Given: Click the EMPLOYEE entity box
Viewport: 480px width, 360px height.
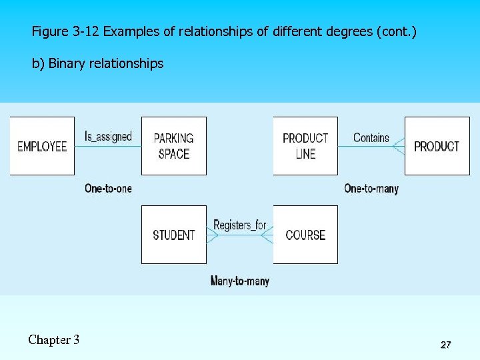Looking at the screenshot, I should (x=42, y=146).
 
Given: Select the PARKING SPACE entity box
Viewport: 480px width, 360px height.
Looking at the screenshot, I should (x=174, y=146).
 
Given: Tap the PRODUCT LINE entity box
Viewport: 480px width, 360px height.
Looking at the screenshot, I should (x=305, y=146).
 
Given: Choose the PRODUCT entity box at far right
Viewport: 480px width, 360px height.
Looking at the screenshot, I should (x=437, y=146).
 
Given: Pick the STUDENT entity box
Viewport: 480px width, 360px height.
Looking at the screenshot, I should (x=174, y=235).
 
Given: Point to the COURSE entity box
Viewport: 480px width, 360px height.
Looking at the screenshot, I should (x=305, y=235).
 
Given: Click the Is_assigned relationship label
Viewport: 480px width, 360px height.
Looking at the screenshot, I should (x=108, y=137).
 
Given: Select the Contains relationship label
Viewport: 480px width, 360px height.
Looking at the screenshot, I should (x=371, y=137).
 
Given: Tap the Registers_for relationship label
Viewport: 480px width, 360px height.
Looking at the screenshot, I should (x=240, y=225).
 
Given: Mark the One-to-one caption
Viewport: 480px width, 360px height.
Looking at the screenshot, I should (x=108, y=189).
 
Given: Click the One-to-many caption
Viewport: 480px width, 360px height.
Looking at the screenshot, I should (x=371, y=189).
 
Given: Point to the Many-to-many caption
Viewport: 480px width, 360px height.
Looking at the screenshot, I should (x=240, y=281).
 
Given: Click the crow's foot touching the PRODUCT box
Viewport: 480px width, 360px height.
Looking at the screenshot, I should (x=399, y=146).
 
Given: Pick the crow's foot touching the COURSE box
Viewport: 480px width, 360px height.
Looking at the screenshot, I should (x=267, y=235).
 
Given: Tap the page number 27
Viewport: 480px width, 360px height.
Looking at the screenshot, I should (x=445, y=345).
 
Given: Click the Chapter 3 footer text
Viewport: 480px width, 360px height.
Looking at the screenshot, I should (x=54, y=340).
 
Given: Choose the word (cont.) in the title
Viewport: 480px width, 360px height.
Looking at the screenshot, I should (x=397, y=31).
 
